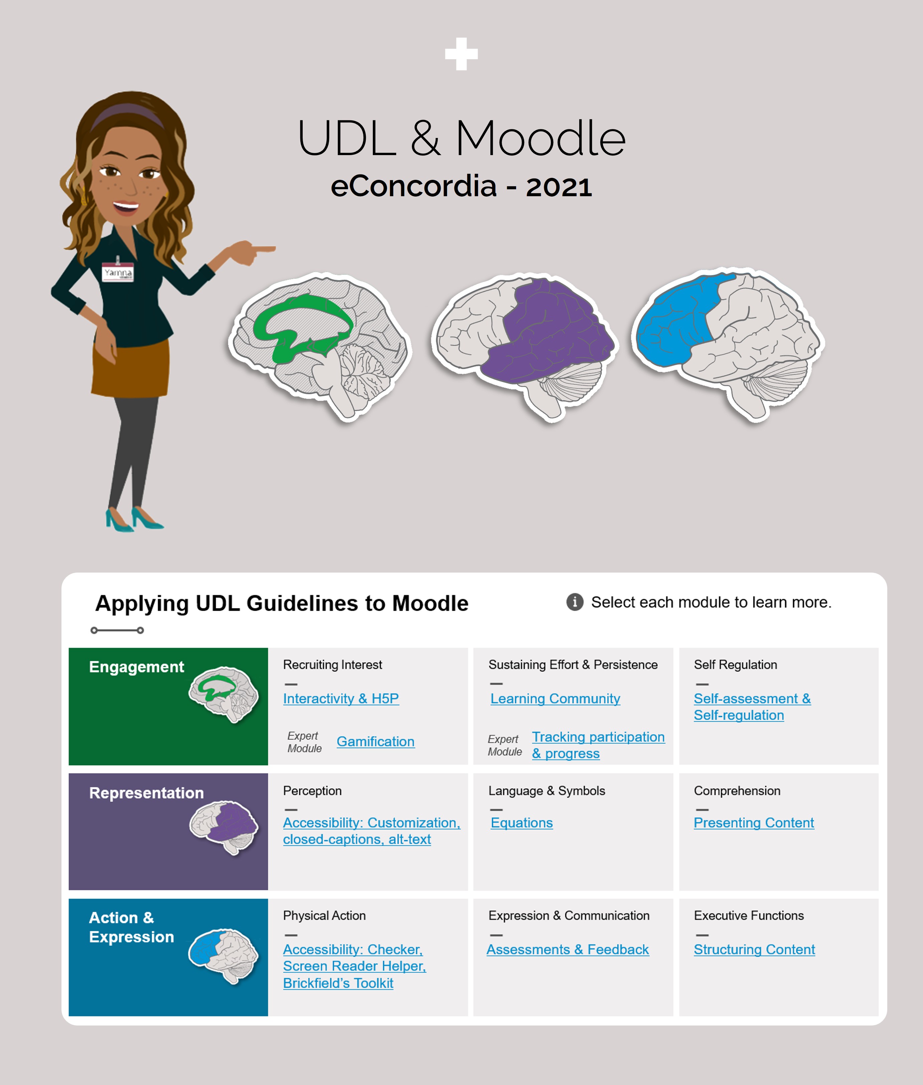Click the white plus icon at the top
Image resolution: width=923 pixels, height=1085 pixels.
click(x=461, y=53)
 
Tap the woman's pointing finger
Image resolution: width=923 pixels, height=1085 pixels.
click(x=264, y=249)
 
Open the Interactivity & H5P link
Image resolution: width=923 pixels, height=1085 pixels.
click(x=341, y=699)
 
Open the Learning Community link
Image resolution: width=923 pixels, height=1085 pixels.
click(x=555, y=699)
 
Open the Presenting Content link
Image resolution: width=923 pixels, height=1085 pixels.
click(x=754, y=823)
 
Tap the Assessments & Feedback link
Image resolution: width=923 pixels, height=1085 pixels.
click(x=568, y=949)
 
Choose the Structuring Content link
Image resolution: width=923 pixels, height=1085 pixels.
click(x=754, y=949)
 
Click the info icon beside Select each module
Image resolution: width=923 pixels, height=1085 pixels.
click(x=575, y=602)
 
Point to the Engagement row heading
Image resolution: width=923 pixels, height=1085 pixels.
click(x=137, y=667)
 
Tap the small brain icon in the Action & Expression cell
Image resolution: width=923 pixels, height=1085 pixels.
click(x=223, y=956)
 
